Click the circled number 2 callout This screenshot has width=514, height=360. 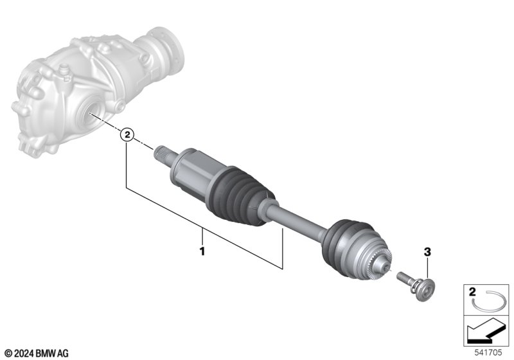point(127,134)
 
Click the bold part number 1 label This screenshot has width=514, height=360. point(202,251)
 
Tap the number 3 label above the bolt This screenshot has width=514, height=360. point(427,252)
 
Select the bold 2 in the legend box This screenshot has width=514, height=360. point(472,291)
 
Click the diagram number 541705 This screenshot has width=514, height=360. point(488,352)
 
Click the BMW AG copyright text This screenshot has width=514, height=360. point(37,354)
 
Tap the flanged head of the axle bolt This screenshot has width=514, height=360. point(425,289)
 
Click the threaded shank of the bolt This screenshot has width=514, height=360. point(404,280)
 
